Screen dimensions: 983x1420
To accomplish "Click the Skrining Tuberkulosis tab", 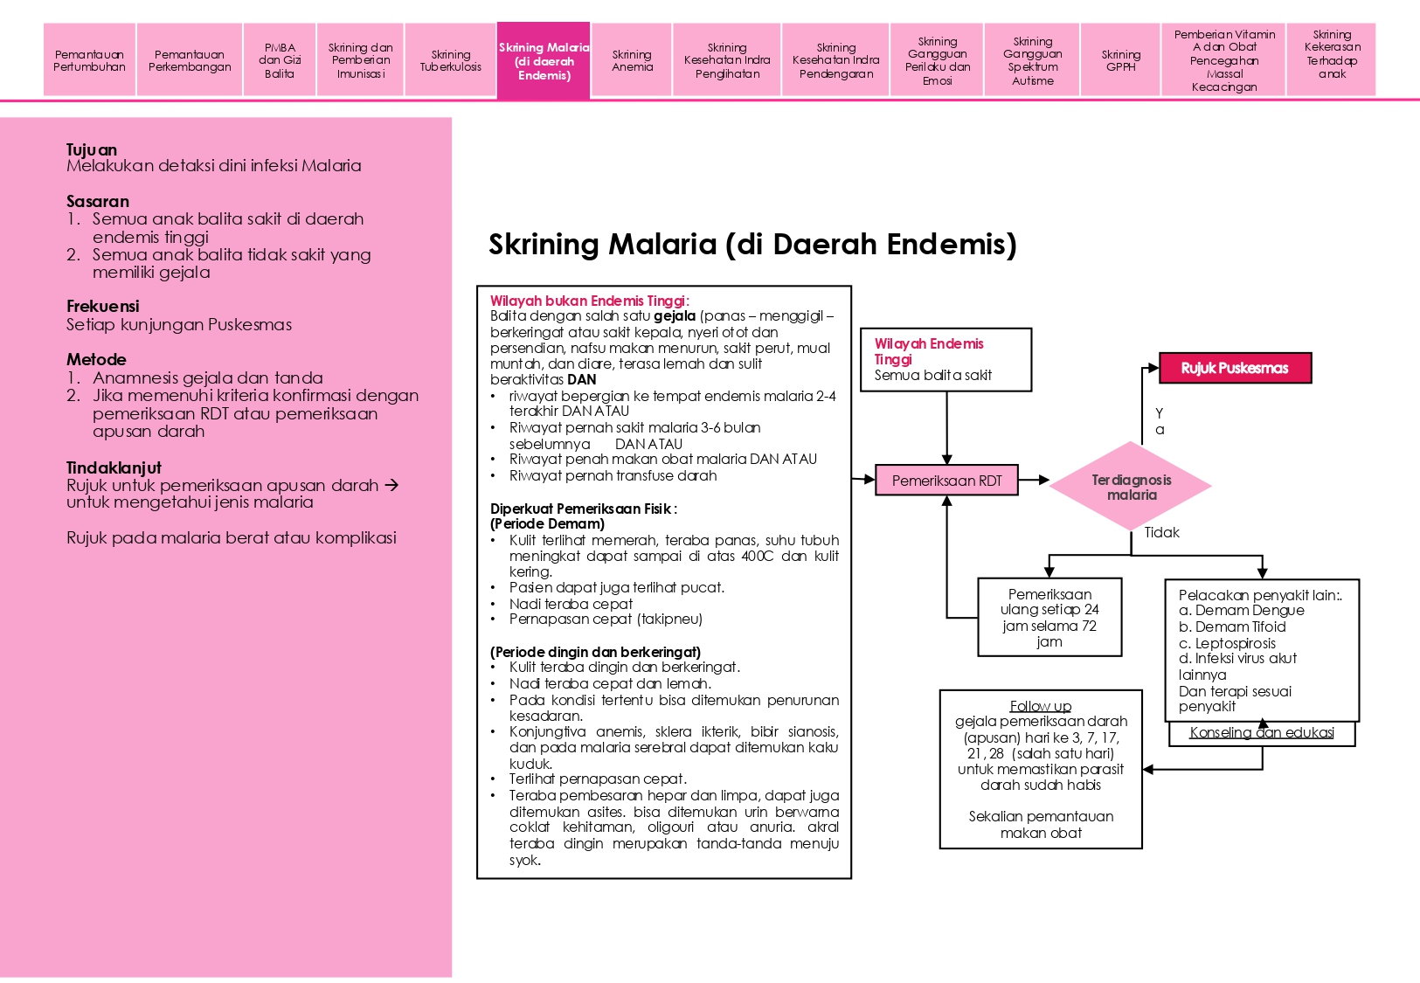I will [450, 60].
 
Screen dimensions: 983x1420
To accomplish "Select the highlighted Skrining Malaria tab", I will [544, 60].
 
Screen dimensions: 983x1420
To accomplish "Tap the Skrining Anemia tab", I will [632, 60].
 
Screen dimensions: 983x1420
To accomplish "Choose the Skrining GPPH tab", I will [1120, 60].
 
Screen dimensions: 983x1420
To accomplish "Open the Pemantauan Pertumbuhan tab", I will [89, 60].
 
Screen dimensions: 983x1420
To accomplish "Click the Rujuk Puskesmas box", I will [1235, 368].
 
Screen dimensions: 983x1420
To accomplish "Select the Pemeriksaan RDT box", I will [946, 481].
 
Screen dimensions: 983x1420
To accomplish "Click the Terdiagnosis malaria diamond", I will [1131, 487].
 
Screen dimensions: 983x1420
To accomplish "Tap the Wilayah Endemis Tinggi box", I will [946, 359].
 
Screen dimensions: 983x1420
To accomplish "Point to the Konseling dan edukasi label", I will [1261, 733].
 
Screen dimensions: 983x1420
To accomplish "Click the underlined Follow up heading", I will [1040, 706].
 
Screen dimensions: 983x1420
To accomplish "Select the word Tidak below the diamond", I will [1161, 533].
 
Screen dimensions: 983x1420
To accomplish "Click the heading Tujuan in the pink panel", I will [92, 149].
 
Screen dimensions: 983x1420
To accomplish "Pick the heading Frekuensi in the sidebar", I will [102, 306].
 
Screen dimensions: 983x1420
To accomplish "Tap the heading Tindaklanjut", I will [114, 467].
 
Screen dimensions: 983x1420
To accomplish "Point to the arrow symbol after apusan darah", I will [391, 485].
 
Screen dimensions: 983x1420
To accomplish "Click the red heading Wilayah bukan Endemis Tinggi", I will [589, 301].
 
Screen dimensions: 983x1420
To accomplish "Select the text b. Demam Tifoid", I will [1232, 626].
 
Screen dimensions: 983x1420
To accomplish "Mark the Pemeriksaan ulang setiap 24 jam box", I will [1049, 617].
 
